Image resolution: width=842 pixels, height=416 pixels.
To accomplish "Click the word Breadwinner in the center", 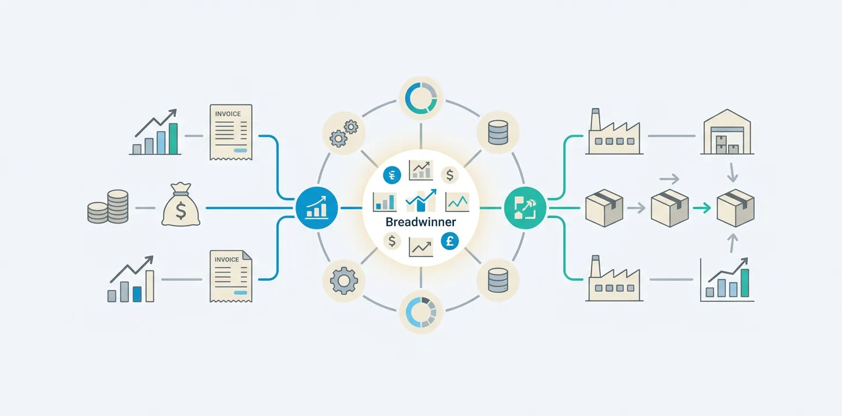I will pyautogui.click(x=420, y=222).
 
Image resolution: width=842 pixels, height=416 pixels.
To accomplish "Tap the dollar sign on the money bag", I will pyautogui.click(x=180, y=211).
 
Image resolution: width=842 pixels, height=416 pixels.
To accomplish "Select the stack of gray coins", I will pyautogui.click(x=107, y=207).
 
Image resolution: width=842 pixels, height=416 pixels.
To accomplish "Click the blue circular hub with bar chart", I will pyautogui.click(x=316, y=208).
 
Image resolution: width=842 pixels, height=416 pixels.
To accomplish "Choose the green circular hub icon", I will pyautogui.click(x=525, y=208).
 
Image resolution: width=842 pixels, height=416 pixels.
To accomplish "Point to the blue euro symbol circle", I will pyautogui.click(x=392, y=174).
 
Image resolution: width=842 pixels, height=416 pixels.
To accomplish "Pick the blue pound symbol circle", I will pyautogui.click(x=449, y=241).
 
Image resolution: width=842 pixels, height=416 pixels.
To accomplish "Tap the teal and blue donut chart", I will pyautogui.click(x=420, y=98).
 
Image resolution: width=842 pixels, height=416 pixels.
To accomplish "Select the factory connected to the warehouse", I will pyautogui.click(x=614, y=135).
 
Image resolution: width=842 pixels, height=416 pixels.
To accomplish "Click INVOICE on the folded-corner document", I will pyautogui.click(x=227, y=259).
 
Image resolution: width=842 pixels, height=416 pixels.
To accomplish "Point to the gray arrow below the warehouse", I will pyautogui.click(x=732, y=172).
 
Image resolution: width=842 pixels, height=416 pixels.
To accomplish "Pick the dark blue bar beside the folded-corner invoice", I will pyautogui.click(x=137, y=294).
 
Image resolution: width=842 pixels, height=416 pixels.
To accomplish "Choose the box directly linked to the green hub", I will pyautogui.click(x=604, y=208).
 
